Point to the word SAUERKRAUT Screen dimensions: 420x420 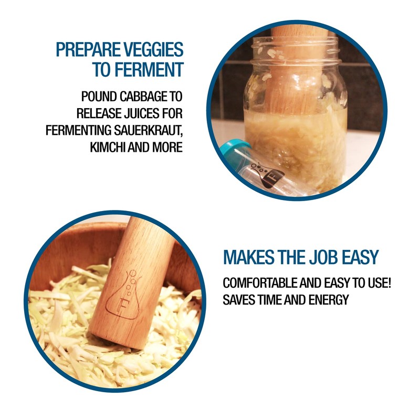[x=150, y=130]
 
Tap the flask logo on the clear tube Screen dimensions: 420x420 [x=268, y=174]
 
